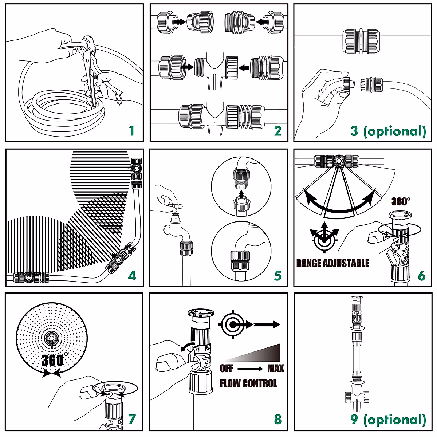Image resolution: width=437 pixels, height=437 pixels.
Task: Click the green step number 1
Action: click(132, 131)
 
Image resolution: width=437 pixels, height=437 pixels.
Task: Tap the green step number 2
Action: click(278, 131)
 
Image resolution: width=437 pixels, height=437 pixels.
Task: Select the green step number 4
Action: click(132, 276)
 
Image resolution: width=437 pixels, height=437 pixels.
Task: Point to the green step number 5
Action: click(278, 276)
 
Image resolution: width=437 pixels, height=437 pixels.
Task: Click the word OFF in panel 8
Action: click(226, 369)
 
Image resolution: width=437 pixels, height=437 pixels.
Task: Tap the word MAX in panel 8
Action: click(276, 369)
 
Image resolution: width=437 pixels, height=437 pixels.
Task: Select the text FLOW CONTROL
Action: click(248, 383)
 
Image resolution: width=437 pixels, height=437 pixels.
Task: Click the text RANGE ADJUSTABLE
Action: click(333, 263)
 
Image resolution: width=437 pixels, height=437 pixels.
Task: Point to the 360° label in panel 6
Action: click(401, 201)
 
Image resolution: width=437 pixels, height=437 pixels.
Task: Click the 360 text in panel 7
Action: click(52, 361)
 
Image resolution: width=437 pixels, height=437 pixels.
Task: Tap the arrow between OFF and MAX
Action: click(250, 369)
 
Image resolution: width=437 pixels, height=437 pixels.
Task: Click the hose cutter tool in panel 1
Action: click(90, 68)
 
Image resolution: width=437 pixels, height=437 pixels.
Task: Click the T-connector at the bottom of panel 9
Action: click(357, 398)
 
